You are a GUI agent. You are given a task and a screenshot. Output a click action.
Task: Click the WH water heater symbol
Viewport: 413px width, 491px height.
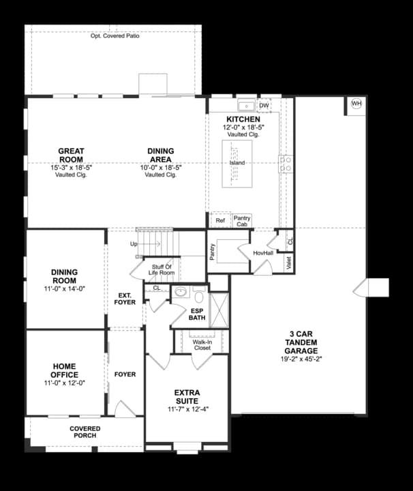point(356,104)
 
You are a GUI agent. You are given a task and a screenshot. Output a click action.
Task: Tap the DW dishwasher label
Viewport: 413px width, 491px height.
point(264,106)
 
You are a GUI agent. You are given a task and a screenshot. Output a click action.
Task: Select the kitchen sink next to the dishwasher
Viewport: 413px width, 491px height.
point(245,106)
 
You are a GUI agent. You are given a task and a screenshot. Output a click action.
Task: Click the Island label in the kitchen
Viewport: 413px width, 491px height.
point(237,163)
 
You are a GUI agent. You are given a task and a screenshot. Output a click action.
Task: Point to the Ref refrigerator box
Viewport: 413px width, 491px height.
point(220,221)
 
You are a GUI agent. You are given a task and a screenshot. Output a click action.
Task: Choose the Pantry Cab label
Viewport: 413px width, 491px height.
point(242,221)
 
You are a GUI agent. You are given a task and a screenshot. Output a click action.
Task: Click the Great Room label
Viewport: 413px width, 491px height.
point(71,155)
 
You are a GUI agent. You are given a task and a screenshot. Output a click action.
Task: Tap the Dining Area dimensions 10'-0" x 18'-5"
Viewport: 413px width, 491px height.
point(161,167)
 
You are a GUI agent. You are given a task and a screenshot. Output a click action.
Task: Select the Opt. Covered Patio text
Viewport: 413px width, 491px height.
point(115,35)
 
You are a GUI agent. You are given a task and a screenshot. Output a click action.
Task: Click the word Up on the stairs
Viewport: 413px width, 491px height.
point(134,243)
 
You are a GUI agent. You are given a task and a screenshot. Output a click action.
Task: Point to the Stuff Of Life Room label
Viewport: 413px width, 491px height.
point(162,269)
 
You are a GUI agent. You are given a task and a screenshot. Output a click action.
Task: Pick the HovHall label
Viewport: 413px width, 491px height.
point(262,253)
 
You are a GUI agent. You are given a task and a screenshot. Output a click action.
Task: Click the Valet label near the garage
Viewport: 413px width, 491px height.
point(289,263)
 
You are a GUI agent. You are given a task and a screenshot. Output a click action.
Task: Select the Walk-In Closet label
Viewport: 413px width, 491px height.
point(202,344)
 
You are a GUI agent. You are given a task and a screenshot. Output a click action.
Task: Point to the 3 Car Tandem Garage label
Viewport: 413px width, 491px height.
point(301,342)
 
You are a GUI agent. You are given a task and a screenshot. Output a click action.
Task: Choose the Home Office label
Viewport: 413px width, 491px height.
point(65,370)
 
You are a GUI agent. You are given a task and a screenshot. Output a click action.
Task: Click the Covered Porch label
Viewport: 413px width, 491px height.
point(85,432)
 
